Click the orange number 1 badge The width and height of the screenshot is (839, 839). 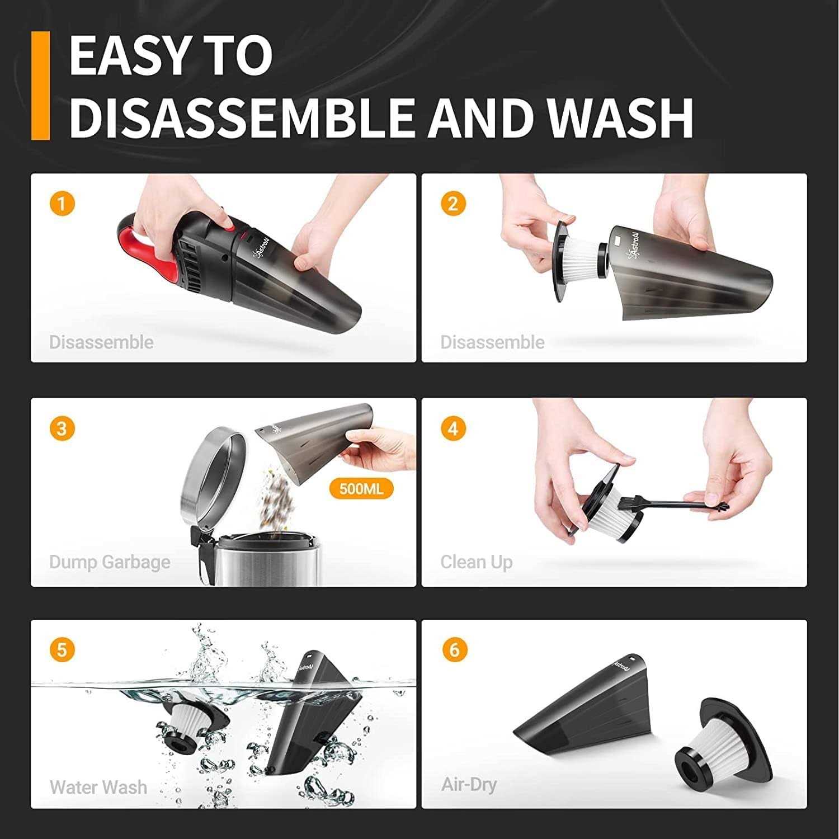coord(62,203)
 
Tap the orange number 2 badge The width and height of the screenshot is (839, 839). coord(453,203)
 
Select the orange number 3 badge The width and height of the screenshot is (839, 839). coord(62,428)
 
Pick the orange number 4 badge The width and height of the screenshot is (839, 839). coord(453,428)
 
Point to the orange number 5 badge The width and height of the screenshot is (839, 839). coord(62,650)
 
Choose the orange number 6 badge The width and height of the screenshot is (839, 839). coord(454,650)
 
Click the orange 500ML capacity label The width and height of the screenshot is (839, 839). coord(361,489)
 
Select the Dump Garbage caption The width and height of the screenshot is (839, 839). coord(110,562)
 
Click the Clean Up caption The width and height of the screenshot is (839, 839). coord(476,562)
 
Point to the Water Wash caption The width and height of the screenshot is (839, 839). coord(98,788)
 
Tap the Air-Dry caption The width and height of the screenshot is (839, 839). coord(469,785)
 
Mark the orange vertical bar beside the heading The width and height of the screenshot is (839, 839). coord(41,85)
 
